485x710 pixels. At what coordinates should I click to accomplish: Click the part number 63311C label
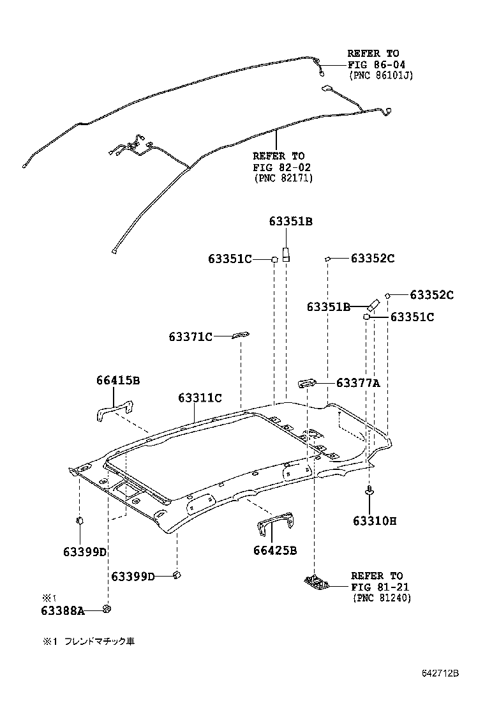[x=200, y=398]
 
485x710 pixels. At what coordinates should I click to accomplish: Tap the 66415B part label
[x=118, y=381]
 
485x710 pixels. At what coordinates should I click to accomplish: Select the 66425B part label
[x=275, y=550]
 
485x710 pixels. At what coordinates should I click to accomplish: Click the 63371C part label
[x=190, y=336]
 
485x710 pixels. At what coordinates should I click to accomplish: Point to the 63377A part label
[x=358, y=383]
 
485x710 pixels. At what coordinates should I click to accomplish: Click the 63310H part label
[x=375, y=520]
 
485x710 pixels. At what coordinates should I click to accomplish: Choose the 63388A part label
[x=63, y=610]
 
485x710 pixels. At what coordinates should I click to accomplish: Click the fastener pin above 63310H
[x=369, y=490]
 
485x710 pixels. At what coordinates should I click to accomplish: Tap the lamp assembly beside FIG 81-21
[x=317, y=582]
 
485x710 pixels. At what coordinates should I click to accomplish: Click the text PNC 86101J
[x=381, y=75]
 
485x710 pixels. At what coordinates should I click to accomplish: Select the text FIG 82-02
[x=279, y=167]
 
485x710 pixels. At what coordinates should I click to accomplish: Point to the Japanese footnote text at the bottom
[x=89, y=640]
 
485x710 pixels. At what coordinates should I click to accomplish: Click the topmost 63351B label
[x=290, y=222]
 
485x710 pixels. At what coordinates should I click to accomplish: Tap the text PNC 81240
[x=382, y=598]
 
